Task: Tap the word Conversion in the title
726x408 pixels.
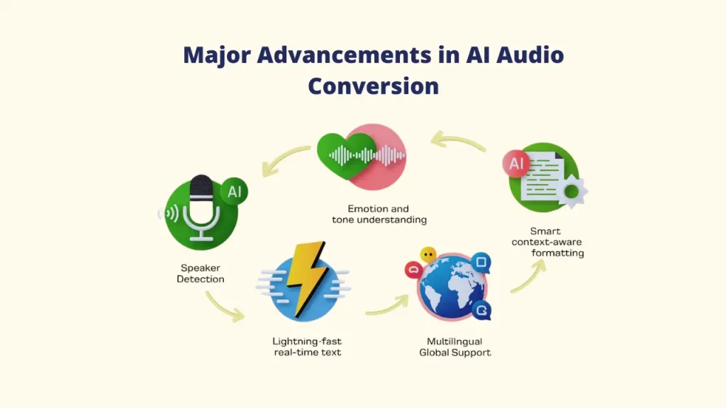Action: tap(373, 86)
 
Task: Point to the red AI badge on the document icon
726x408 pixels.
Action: tap(517, 165)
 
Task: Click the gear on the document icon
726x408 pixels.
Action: tap(572, 191)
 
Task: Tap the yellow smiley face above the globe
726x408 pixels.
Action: tap(428, 254)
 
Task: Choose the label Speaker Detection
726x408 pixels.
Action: tap(201, 273)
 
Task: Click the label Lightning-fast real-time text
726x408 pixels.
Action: tap(307, 346)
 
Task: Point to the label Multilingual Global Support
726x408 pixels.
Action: tap(454, 346)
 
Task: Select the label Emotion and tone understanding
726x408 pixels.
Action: tap(379, 214)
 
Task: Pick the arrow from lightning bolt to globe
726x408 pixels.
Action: tap(387, 305)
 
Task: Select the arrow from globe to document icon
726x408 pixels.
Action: tap(529, 276)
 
